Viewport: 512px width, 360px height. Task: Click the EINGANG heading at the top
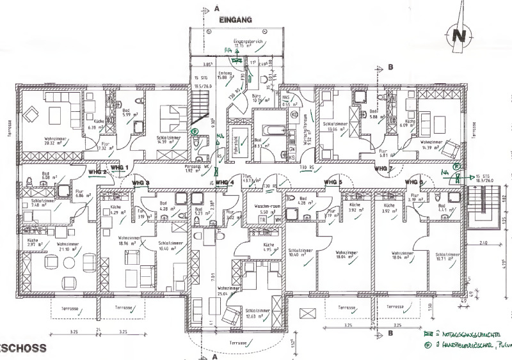pyautogui.click(x=236, y=20)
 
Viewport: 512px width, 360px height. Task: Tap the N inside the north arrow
pyautogui.click(x=458, y=36)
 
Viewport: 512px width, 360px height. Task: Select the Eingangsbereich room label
pyautogui.click(x=249, y=42)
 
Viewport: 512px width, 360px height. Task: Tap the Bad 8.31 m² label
pyautogui.click(x=259, y=143)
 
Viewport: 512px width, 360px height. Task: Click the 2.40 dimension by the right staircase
pyautogui.click(x=483, y=243)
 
